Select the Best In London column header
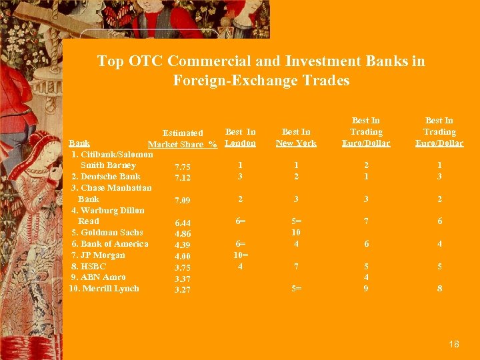pos(241,137)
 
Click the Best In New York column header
pos(297,137)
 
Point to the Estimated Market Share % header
pos(183,139)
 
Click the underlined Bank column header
pos(79,143)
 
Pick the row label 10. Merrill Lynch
pos(104,289)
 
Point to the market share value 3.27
pos(183,290)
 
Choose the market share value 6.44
pos(183,223)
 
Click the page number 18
pos(454,344)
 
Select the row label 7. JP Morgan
pos(98,255)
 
